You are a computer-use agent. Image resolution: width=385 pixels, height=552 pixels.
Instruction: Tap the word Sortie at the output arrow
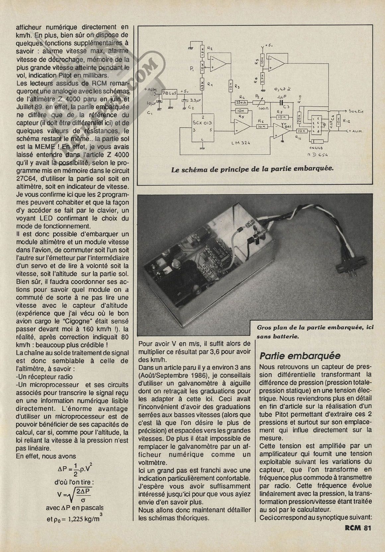pyautogui.click(x=356, y=111)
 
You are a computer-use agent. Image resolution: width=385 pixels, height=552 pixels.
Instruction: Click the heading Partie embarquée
pyautogui.click(x=300, y=356)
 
